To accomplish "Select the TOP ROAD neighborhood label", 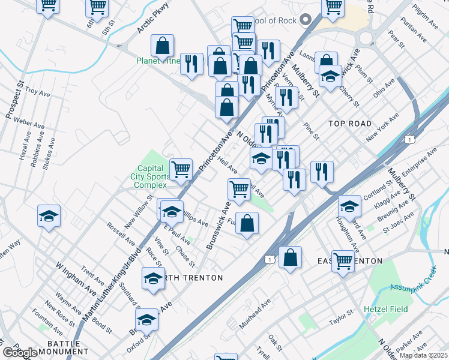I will coord(350,124).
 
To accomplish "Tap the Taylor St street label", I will coord(342,318).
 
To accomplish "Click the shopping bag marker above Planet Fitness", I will coord(162,46).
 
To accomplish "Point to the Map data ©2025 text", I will coord(423,355).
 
